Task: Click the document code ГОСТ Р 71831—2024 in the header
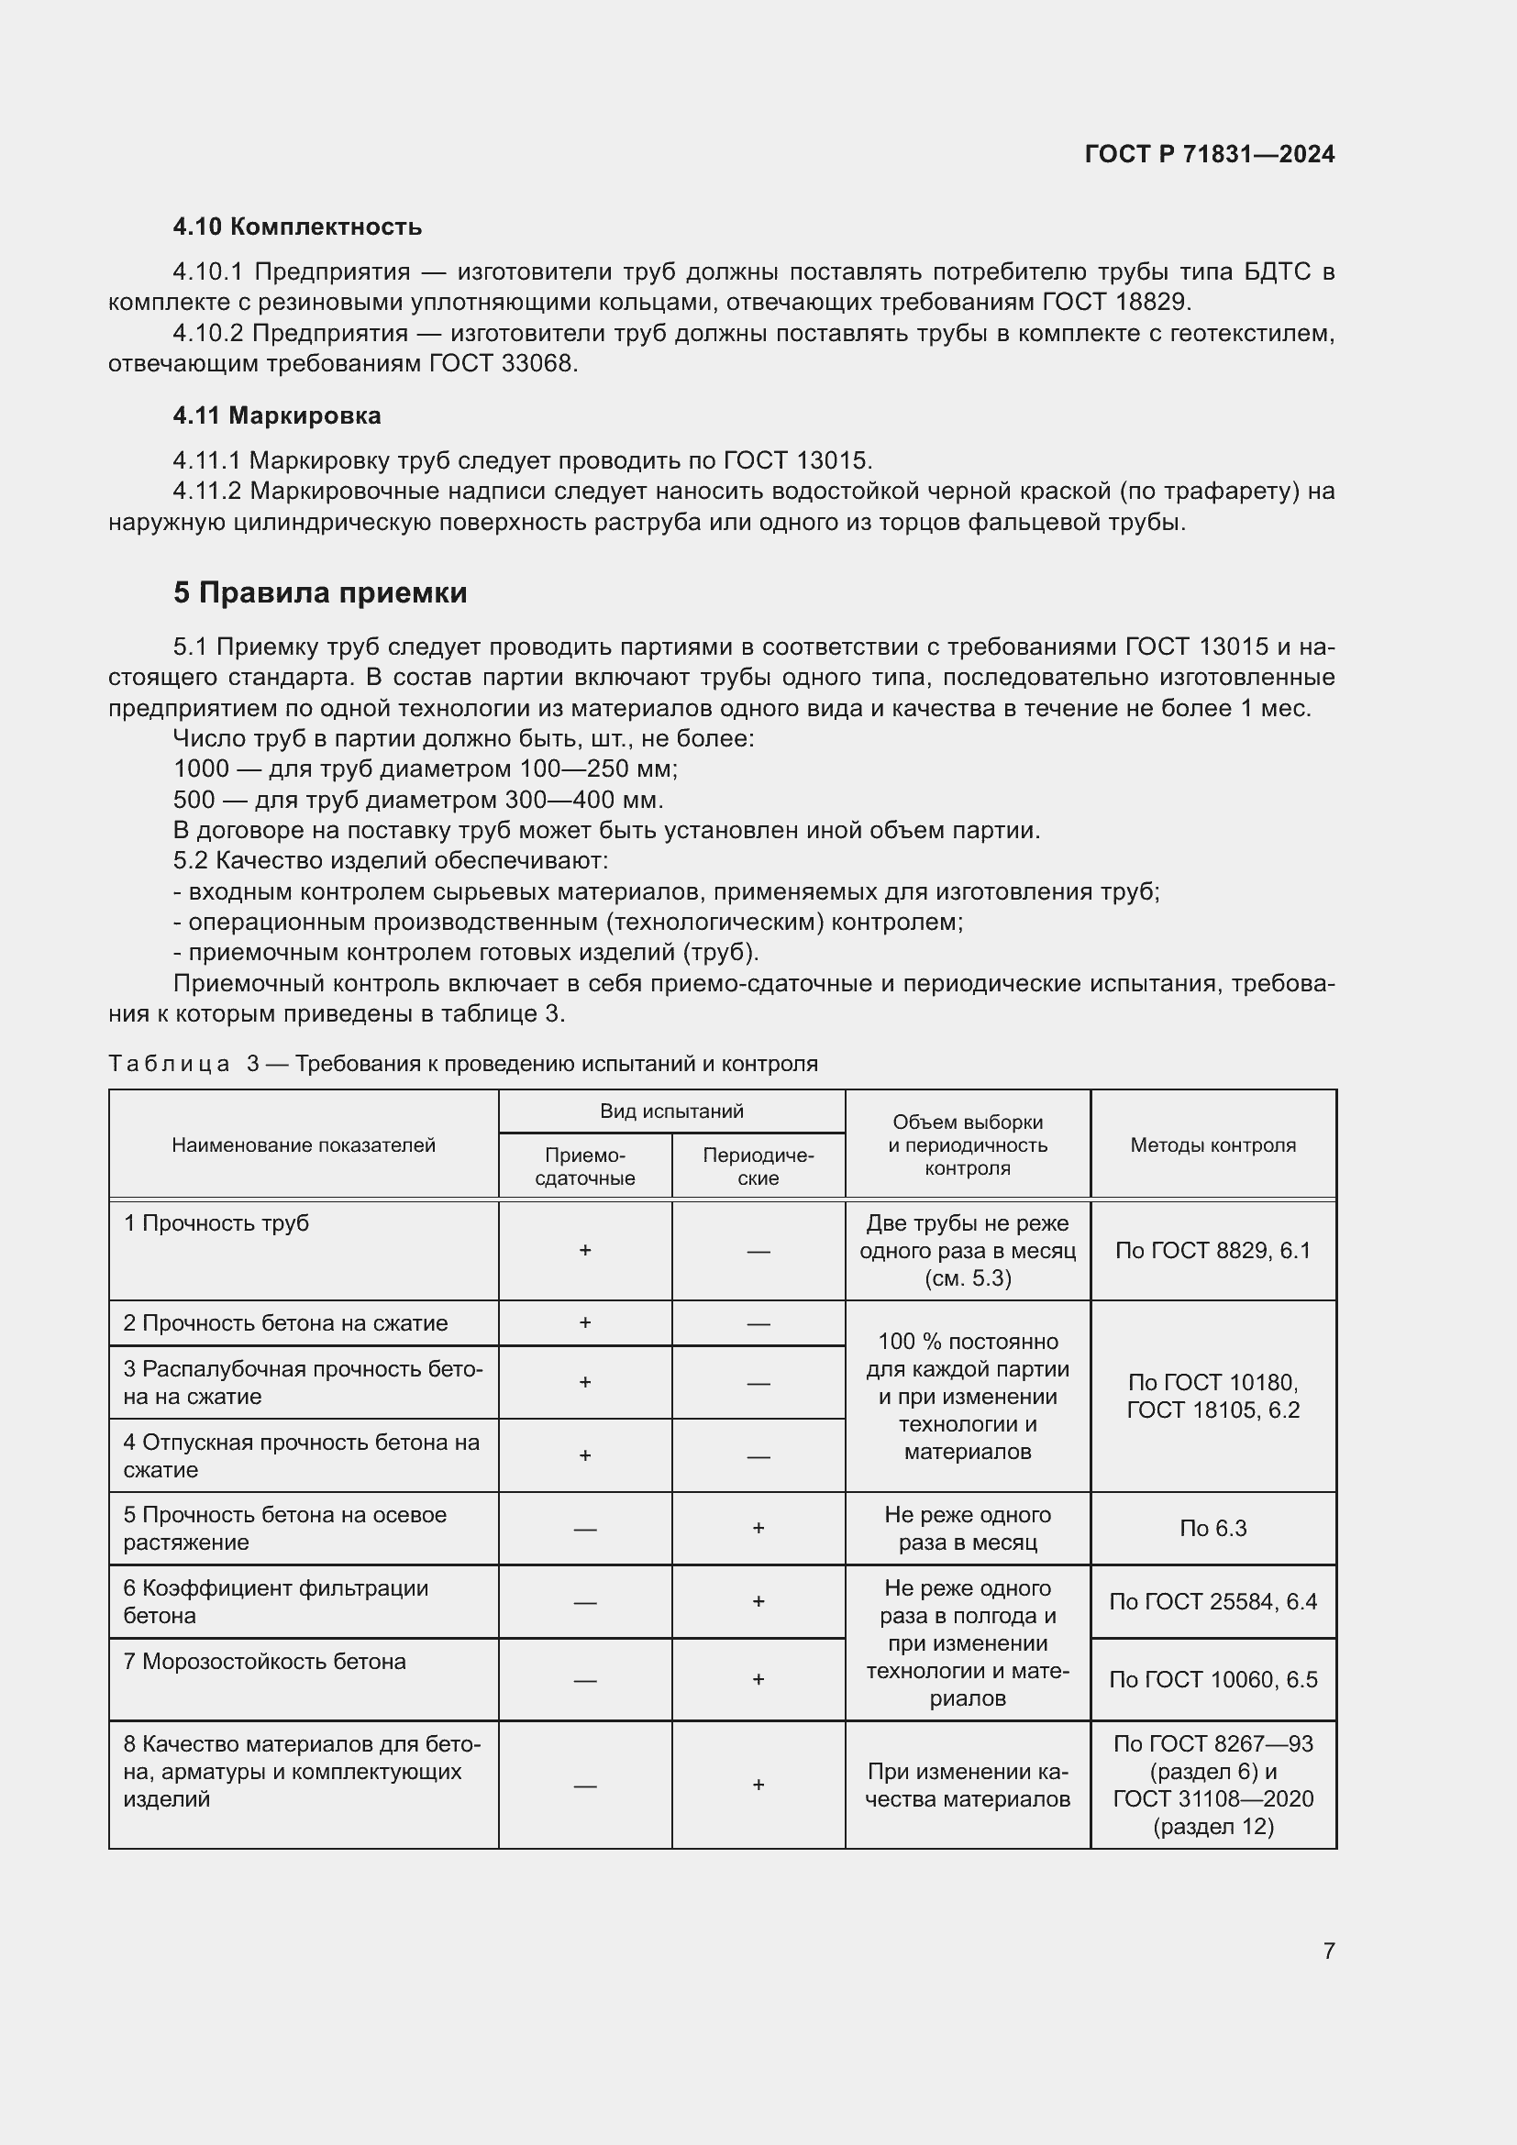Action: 1209,154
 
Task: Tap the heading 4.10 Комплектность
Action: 297,227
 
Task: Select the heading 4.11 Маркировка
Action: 276,415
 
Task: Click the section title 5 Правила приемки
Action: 319,593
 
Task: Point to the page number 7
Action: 1328,1951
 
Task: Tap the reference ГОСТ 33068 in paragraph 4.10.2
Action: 502,364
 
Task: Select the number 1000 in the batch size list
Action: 201,768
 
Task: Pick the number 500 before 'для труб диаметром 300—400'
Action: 194,800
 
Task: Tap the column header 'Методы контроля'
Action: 1212,1145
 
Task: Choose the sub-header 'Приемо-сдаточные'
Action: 585,1166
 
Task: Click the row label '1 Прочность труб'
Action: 216,1224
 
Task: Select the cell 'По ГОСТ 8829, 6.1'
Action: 1212,1251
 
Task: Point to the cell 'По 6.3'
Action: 1212,1529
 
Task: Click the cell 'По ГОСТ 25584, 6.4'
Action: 1212,1602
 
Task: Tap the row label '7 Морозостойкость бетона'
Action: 264,1662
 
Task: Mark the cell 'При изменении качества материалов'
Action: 967,1786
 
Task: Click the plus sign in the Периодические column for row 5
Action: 758,1529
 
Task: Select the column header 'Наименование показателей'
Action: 304,1145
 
